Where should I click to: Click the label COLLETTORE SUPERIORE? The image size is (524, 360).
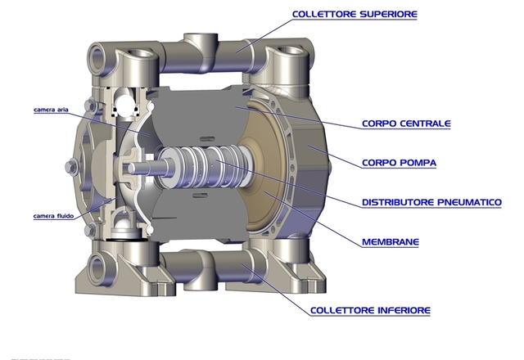pos(355,15)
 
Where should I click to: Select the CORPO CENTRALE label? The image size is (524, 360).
pos(406,124)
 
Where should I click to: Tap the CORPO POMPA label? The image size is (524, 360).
pos(399,163)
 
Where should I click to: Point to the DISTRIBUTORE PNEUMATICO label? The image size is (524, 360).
pos(431,202)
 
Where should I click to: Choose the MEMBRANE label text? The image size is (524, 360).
pos(391,242)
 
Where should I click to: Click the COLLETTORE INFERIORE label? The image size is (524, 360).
pos(370,311)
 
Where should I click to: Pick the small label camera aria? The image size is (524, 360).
pos(51,110)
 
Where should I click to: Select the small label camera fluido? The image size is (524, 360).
pos(53,216)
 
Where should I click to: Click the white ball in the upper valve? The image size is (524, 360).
pos(126,104)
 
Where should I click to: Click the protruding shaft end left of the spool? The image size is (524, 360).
pos(140,168)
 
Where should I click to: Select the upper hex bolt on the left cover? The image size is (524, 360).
pos(90,106)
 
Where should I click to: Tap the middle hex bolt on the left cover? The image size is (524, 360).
pos(71,166)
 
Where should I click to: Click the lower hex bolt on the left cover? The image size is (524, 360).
pos(90,230)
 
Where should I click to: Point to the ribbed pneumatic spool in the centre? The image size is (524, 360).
pos(204,166)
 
